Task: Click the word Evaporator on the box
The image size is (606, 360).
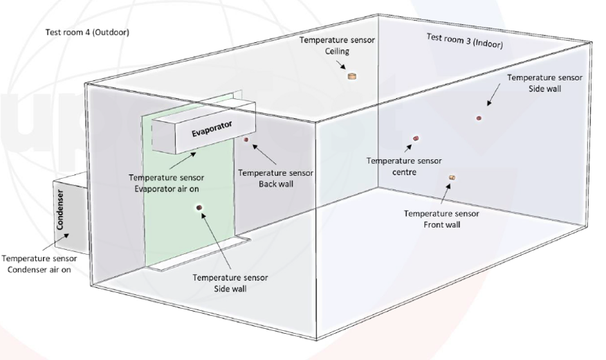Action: click(212, 128)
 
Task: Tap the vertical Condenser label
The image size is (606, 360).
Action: click(60, 209)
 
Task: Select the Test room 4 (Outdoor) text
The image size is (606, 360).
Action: click(87, 32)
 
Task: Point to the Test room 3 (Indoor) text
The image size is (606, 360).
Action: click(465, 41)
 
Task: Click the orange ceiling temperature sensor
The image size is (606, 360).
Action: click(351, 76)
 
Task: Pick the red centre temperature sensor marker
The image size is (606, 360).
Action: click(416, 138)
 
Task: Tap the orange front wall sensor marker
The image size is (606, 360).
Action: click(452, 177)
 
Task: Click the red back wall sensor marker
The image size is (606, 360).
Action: click(246, 139)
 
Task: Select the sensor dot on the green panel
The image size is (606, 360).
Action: click(199, 208)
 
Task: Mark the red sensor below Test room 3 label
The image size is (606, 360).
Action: click(479, 118)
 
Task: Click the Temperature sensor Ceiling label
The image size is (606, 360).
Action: click(337, 45)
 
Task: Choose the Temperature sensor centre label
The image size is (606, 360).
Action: click(404, 166)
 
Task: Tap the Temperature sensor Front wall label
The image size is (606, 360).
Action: click(442, 219)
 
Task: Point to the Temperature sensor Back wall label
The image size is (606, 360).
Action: click(275, 178)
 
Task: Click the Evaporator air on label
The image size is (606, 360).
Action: click(166, 183)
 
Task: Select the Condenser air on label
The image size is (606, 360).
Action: click(39, 264)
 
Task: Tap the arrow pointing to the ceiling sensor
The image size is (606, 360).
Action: click(341, 64)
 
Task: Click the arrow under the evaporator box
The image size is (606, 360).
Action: click(183, 161)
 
